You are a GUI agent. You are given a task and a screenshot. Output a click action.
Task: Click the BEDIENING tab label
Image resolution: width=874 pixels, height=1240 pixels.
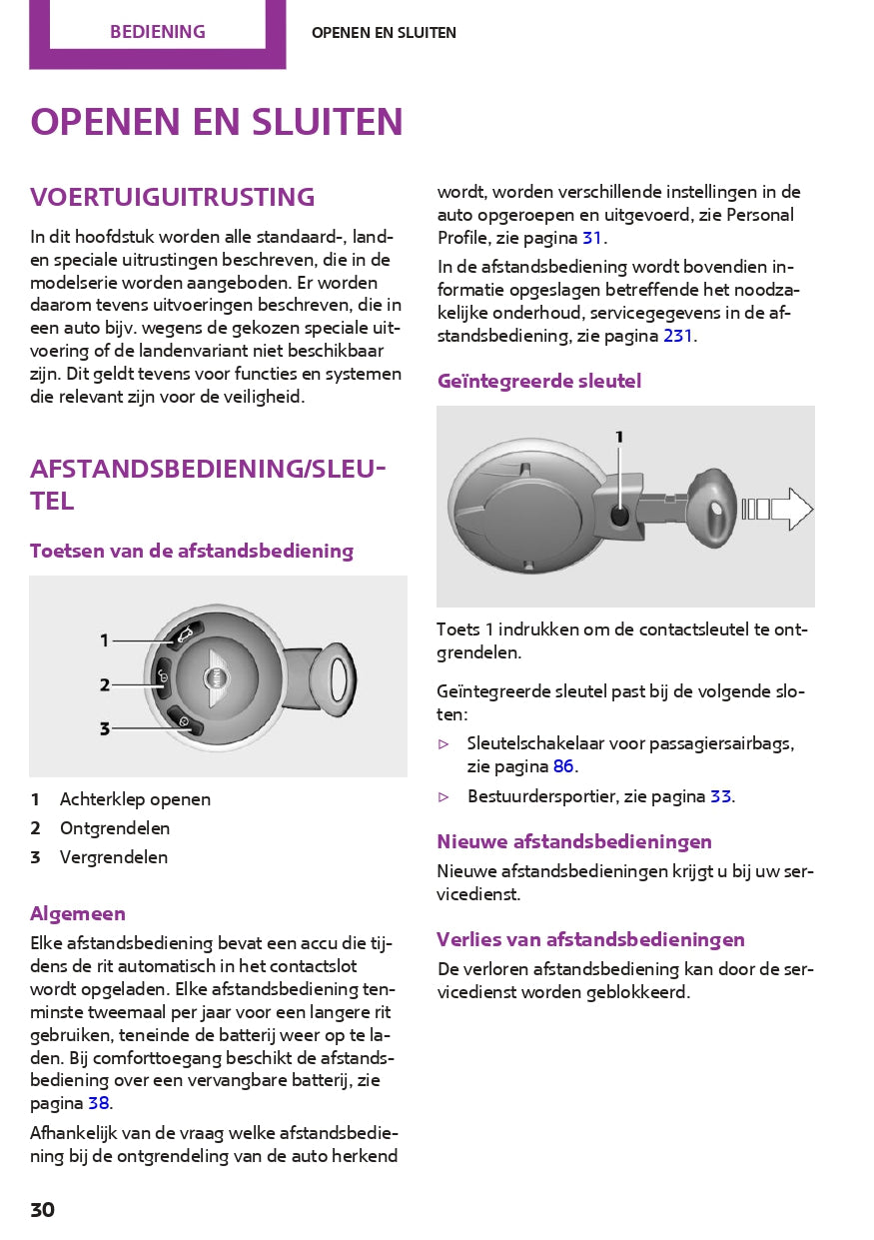pyautogui.click(x=157, y=32)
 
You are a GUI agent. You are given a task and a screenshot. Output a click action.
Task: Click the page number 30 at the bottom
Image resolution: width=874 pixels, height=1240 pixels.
pyautogui.click(x=42, y=1210)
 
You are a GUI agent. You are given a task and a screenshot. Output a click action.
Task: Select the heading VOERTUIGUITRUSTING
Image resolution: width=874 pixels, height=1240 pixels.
pyautogui.click(x=172, y=197)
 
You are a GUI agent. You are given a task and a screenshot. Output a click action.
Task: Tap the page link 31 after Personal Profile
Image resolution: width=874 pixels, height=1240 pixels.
pyautogui.click(x=592, y=238)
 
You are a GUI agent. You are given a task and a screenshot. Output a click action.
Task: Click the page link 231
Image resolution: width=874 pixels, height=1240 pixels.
pyautogui.click(x=677, y=336)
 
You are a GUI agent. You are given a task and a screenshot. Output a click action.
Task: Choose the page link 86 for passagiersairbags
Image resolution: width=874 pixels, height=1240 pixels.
pyautogui.click(x=563, y=766)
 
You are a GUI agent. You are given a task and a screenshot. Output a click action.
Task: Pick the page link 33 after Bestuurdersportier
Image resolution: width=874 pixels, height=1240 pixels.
pyautogui.click(x=720, y=796)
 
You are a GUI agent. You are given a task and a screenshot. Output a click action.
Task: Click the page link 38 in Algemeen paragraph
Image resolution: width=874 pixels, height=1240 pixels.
pyautogui.click(x=98, y=1103)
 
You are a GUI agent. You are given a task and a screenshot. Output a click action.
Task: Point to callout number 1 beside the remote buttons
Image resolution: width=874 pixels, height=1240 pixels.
pyautogui.click(x=104, y=640)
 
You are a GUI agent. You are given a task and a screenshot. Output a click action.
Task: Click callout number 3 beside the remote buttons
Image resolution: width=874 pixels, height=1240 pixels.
pyautogui.click(x=104, y=729)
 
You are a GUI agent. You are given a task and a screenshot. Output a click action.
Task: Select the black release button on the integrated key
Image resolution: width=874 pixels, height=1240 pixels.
pyautogui.click(x=620, y=516)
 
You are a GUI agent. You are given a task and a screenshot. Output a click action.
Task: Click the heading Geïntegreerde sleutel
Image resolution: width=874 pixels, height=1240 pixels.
pyautogui.click(x=539, y=381)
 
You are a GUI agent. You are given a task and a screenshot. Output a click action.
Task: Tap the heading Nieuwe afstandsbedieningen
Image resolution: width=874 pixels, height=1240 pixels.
pyautogui.click(x=574, y=841)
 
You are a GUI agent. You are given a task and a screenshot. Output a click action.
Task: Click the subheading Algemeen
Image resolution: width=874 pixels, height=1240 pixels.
pyautogui.click(x=78, y=913)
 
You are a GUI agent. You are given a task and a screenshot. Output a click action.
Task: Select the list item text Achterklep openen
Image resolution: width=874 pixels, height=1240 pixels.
pyautogui.click(x=135, y=799)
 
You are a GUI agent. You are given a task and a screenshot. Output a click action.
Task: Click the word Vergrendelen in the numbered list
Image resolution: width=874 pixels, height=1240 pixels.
pyautogui.click(x=114, y=857)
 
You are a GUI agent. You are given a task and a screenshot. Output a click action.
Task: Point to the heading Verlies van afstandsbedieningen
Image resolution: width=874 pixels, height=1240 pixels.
pyautogui.click(x=590, y=939)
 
